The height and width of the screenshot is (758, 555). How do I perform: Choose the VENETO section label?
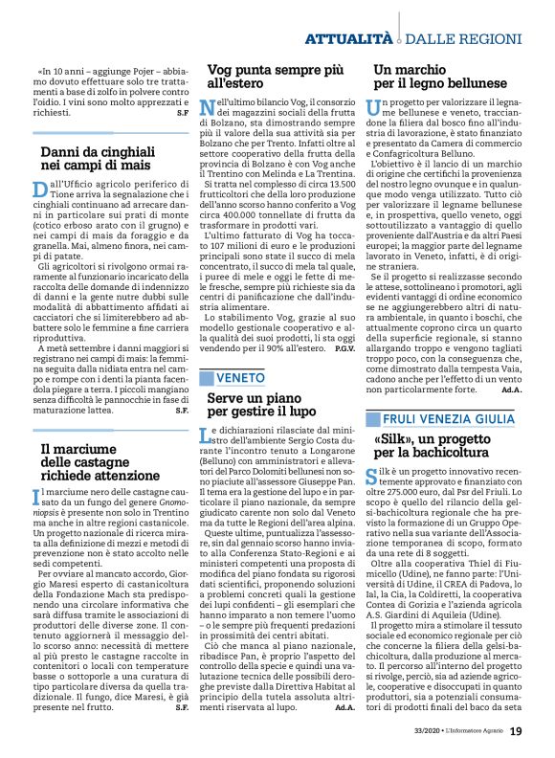point(233,351)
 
